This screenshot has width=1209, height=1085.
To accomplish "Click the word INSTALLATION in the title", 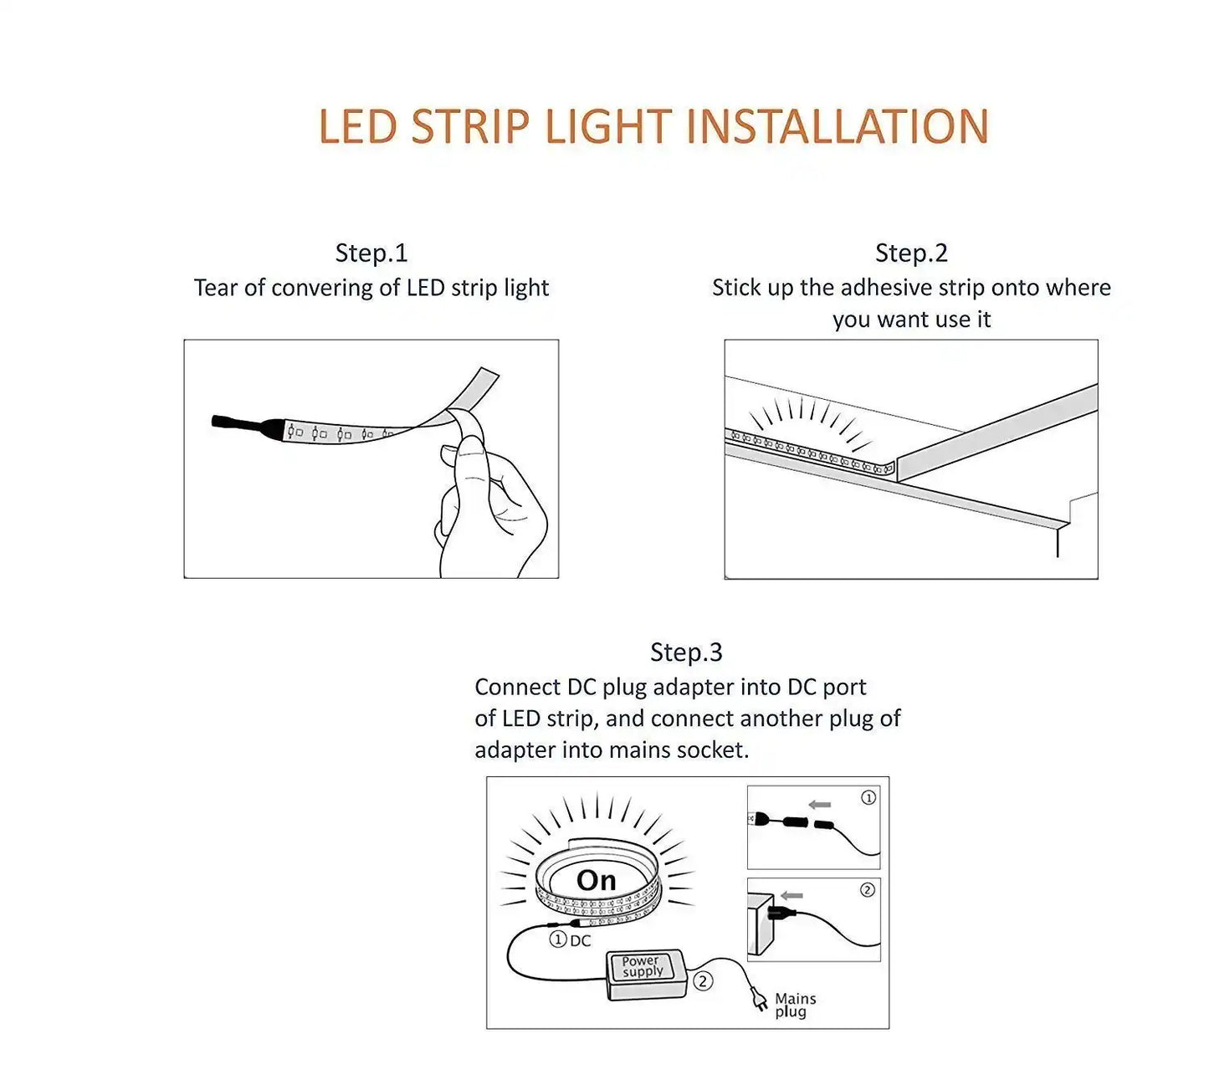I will (837, 127).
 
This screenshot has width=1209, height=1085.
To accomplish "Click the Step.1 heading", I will (371, 253).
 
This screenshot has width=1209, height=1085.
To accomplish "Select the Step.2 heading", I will (911, 253).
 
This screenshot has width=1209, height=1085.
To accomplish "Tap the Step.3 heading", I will (686, 652).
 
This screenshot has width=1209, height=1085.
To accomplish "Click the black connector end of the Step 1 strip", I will (243, 423).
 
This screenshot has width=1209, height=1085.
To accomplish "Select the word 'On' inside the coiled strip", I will (596, 880).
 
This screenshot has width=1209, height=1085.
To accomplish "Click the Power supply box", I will (644, 975).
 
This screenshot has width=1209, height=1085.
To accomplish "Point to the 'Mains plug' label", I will (795, 1005).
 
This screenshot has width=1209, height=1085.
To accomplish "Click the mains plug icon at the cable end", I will (760, 999).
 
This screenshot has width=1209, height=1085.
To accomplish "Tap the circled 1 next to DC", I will (558, 939).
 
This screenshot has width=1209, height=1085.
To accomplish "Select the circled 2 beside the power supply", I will (704, 981).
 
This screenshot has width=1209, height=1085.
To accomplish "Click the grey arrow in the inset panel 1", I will (820, 805).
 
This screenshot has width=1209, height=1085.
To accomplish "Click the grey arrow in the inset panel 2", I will (791, 896).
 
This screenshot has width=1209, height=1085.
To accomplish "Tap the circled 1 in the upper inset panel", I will (868, 798).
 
